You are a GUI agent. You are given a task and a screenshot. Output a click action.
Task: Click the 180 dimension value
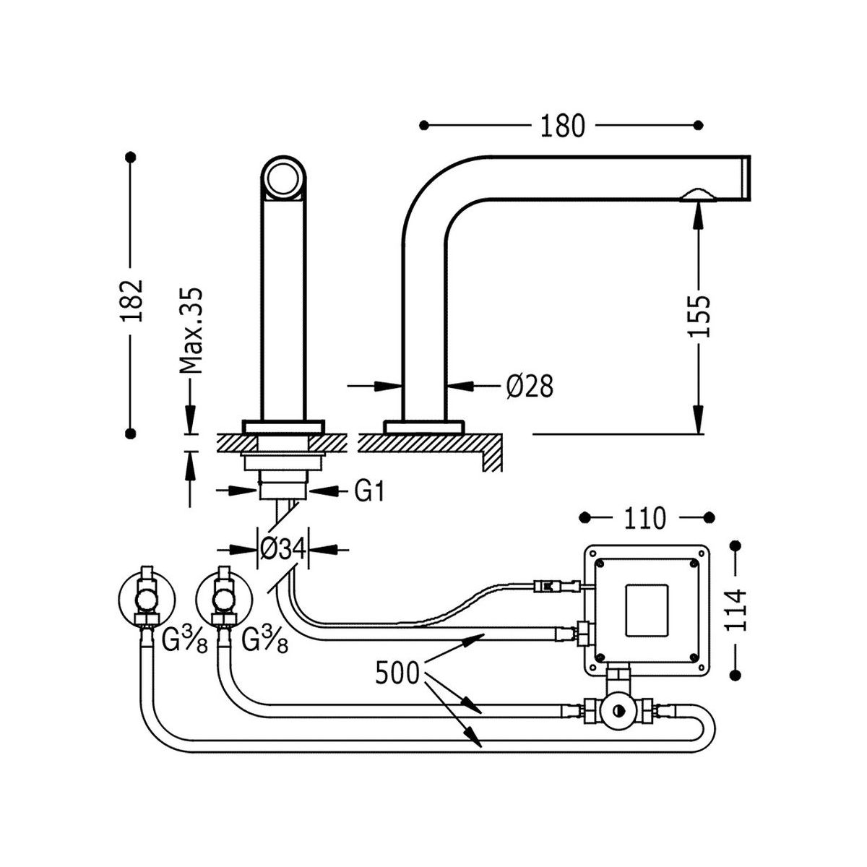[562, 126]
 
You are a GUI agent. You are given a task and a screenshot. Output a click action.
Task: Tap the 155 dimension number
[699, 316]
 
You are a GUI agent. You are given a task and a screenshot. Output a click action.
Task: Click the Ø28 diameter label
[530, 387]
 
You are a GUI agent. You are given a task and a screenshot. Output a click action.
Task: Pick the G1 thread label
[368, 492]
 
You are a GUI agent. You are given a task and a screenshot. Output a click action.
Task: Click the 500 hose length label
[397, 673]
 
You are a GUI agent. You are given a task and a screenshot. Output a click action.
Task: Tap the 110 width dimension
[644, 518]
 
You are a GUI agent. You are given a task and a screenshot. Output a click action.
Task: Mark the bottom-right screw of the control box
[694, 657]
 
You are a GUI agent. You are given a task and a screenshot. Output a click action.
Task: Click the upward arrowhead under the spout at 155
[699, 212]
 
